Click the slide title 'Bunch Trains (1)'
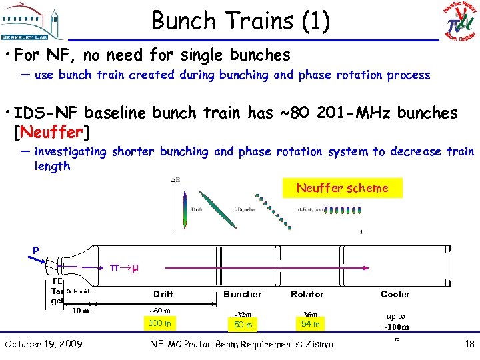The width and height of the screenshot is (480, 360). (240, 21)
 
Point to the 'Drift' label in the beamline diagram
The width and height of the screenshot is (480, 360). (163, 294)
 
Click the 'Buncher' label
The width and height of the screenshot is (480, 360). (243, 294)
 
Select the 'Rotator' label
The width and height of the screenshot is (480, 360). (307, 294)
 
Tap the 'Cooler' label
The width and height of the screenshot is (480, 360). (395, 294)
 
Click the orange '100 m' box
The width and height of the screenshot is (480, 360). (159, 323)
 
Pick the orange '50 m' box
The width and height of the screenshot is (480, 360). (242, 325)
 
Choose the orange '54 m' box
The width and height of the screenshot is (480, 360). (310, 324)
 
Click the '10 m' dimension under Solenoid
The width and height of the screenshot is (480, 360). (81, 310)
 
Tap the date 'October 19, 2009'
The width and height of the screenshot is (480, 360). (43, 344)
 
